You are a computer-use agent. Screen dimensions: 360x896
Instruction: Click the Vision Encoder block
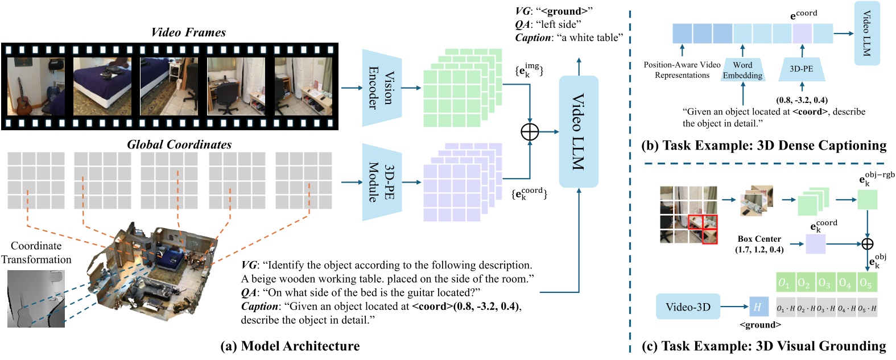click(x=382, y=88)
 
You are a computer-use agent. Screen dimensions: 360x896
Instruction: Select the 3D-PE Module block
click(x=382, y=182)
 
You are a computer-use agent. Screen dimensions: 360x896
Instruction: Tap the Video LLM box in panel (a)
click(x=579, y=131)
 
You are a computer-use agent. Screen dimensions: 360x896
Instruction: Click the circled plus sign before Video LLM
click(x=530, y=132)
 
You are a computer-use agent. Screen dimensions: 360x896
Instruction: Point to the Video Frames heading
click(x=188, y=32)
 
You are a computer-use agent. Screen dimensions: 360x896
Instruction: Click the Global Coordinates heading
click(x=179, y=144)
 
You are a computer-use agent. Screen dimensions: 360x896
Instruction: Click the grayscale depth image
click(x=36, y=299)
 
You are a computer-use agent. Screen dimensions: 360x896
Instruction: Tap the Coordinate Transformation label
click(x=36, y=253)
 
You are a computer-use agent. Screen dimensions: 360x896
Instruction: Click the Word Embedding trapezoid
click(x=742, y=70)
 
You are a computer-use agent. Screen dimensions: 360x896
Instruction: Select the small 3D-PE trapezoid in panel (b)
click(x=801, y=69)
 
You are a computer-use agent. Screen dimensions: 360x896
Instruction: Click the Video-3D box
click(x=688, y=307)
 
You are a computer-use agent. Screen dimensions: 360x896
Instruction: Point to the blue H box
click(x=758, y=307)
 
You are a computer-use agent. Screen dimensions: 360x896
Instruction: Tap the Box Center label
click(x=759, y=244)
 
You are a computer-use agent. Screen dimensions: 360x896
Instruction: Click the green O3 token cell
click(x=824, y=283)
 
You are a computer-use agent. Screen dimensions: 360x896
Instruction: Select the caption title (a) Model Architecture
click(x=290, y=346)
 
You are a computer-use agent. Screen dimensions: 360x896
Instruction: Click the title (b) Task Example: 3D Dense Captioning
click(x=763, y=146)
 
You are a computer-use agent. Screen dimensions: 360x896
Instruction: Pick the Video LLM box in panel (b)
click(x=867, y=33)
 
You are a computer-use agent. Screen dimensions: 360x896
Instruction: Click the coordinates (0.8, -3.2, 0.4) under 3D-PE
click(x=802, y=100)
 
